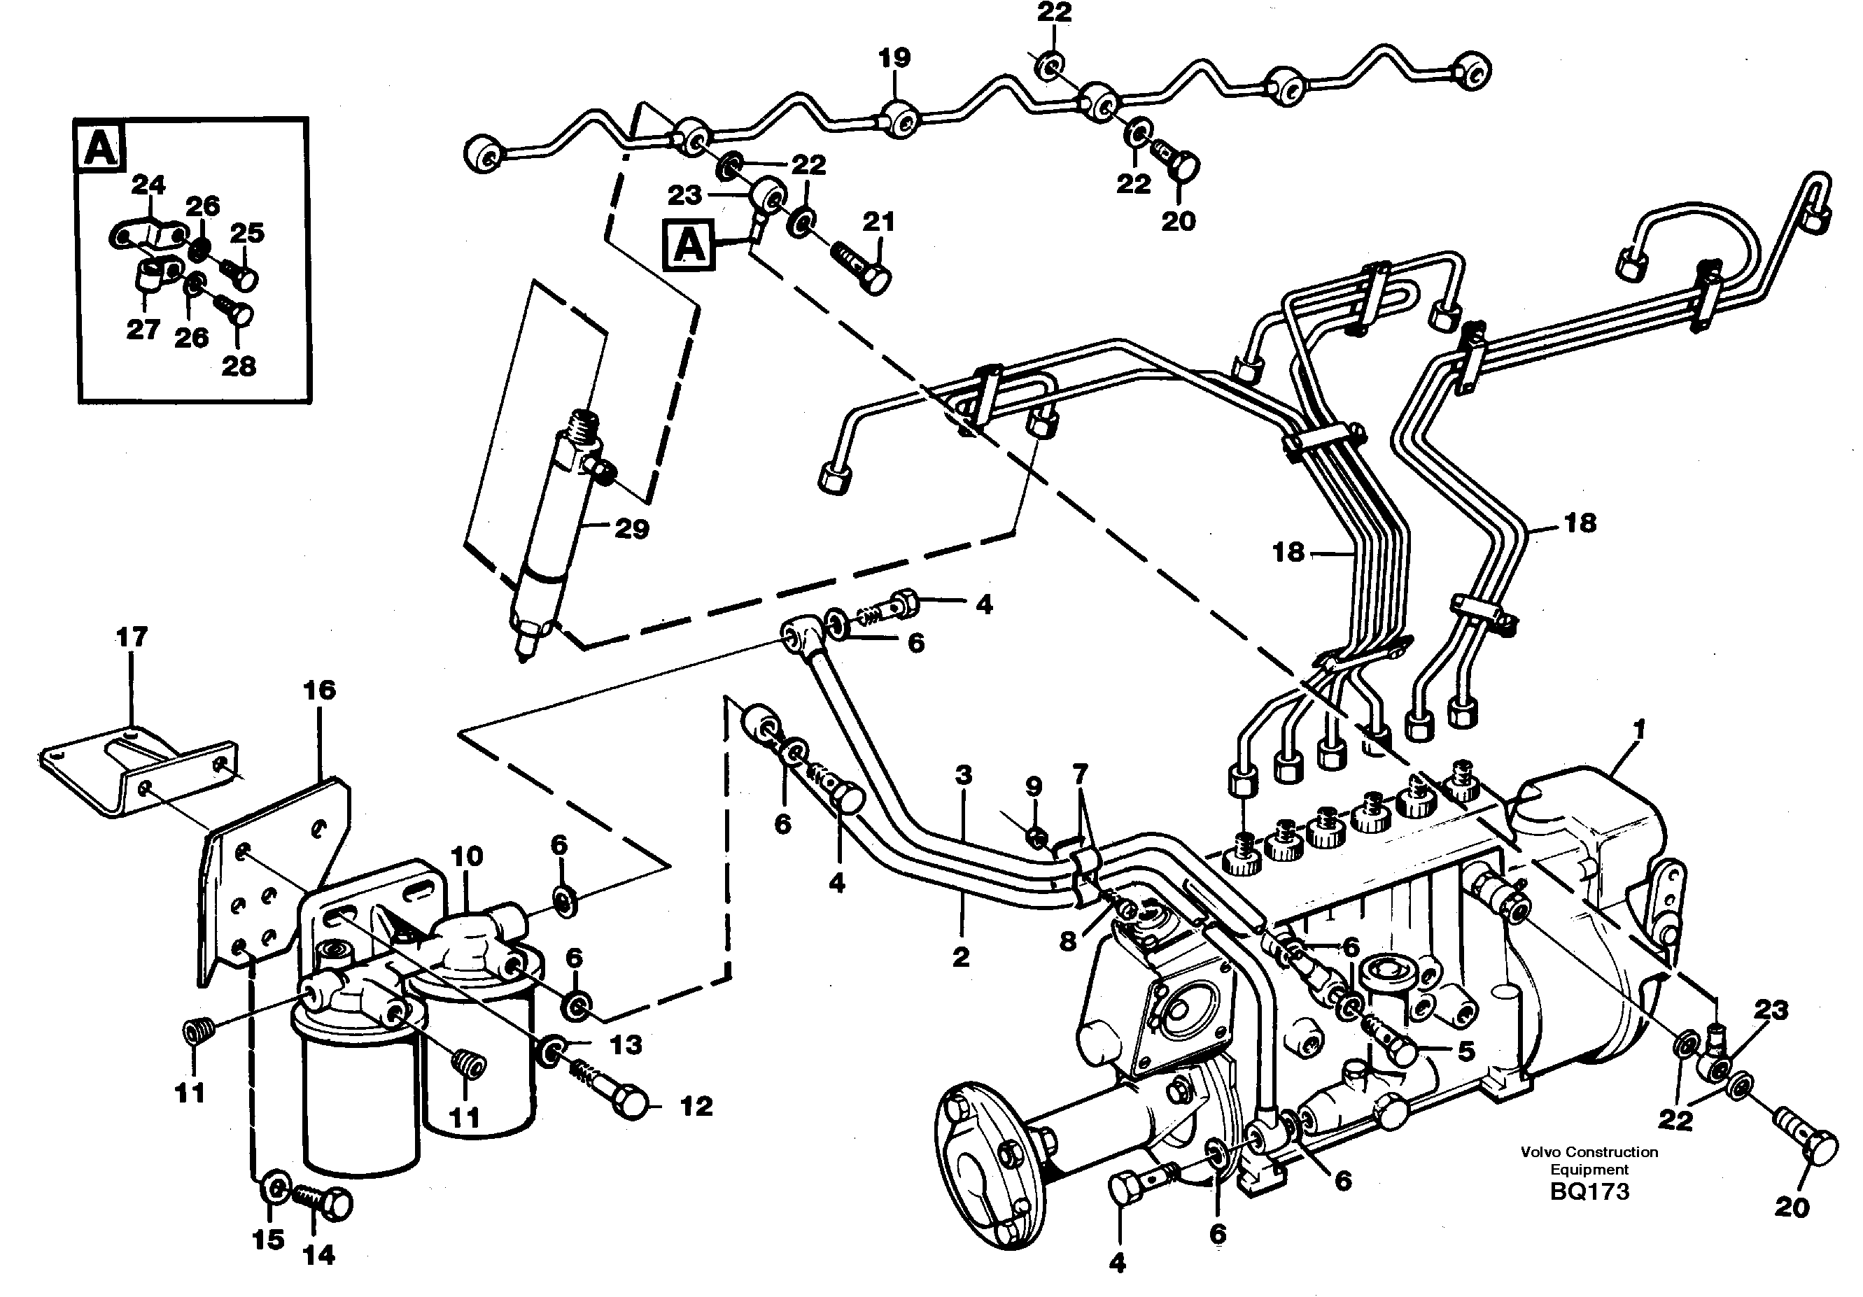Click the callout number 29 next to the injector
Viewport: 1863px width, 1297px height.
point(631,530)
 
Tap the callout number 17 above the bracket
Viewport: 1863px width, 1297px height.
point(132,637)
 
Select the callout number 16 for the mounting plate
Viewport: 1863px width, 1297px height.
point(319,690)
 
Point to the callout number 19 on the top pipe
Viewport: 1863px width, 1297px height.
point(894,58)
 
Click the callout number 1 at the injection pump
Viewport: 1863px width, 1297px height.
point(1638,729)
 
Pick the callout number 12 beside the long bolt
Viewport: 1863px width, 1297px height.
point(696,1105)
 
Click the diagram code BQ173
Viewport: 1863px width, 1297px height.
point(1589,1191)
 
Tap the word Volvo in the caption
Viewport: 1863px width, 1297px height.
point(1541,1151)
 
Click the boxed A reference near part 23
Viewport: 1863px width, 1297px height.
point(689,244)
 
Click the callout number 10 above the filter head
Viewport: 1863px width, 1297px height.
point(467,856)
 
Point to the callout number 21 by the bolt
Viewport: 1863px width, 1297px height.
point(878,222)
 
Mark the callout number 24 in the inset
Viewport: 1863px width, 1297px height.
point(148,185)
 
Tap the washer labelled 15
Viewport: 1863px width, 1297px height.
point(274,1190)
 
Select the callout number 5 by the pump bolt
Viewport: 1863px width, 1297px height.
point(1465,1051)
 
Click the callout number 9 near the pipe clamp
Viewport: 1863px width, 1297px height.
point(1033,786)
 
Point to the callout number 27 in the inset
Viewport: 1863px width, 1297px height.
point(143,330)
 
